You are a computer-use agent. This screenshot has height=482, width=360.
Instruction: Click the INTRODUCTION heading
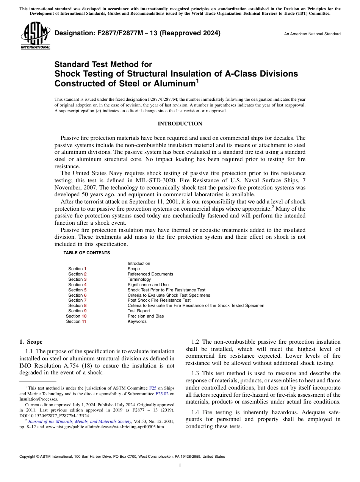[x=180, y=124]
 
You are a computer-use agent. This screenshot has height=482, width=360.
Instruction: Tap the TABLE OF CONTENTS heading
[x=87, y=253]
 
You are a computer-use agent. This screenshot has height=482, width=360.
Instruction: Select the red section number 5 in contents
[x=85, y=290]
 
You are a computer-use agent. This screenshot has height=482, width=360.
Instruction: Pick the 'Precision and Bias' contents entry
[x=146, y=316]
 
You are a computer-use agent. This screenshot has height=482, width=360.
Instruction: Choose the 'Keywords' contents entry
[x=137, y=321]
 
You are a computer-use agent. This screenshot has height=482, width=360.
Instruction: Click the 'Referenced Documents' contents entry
[x=150, y=274]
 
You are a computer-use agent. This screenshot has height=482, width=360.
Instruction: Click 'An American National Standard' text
[x=312, y=34]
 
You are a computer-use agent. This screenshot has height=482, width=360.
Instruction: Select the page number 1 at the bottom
[x=180, y=466]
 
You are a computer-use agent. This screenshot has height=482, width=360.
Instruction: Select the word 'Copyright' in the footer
[x=28, y=457]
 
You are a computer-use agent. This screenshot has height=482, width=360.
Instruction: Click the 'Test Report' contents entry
[x=139, y=311]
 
